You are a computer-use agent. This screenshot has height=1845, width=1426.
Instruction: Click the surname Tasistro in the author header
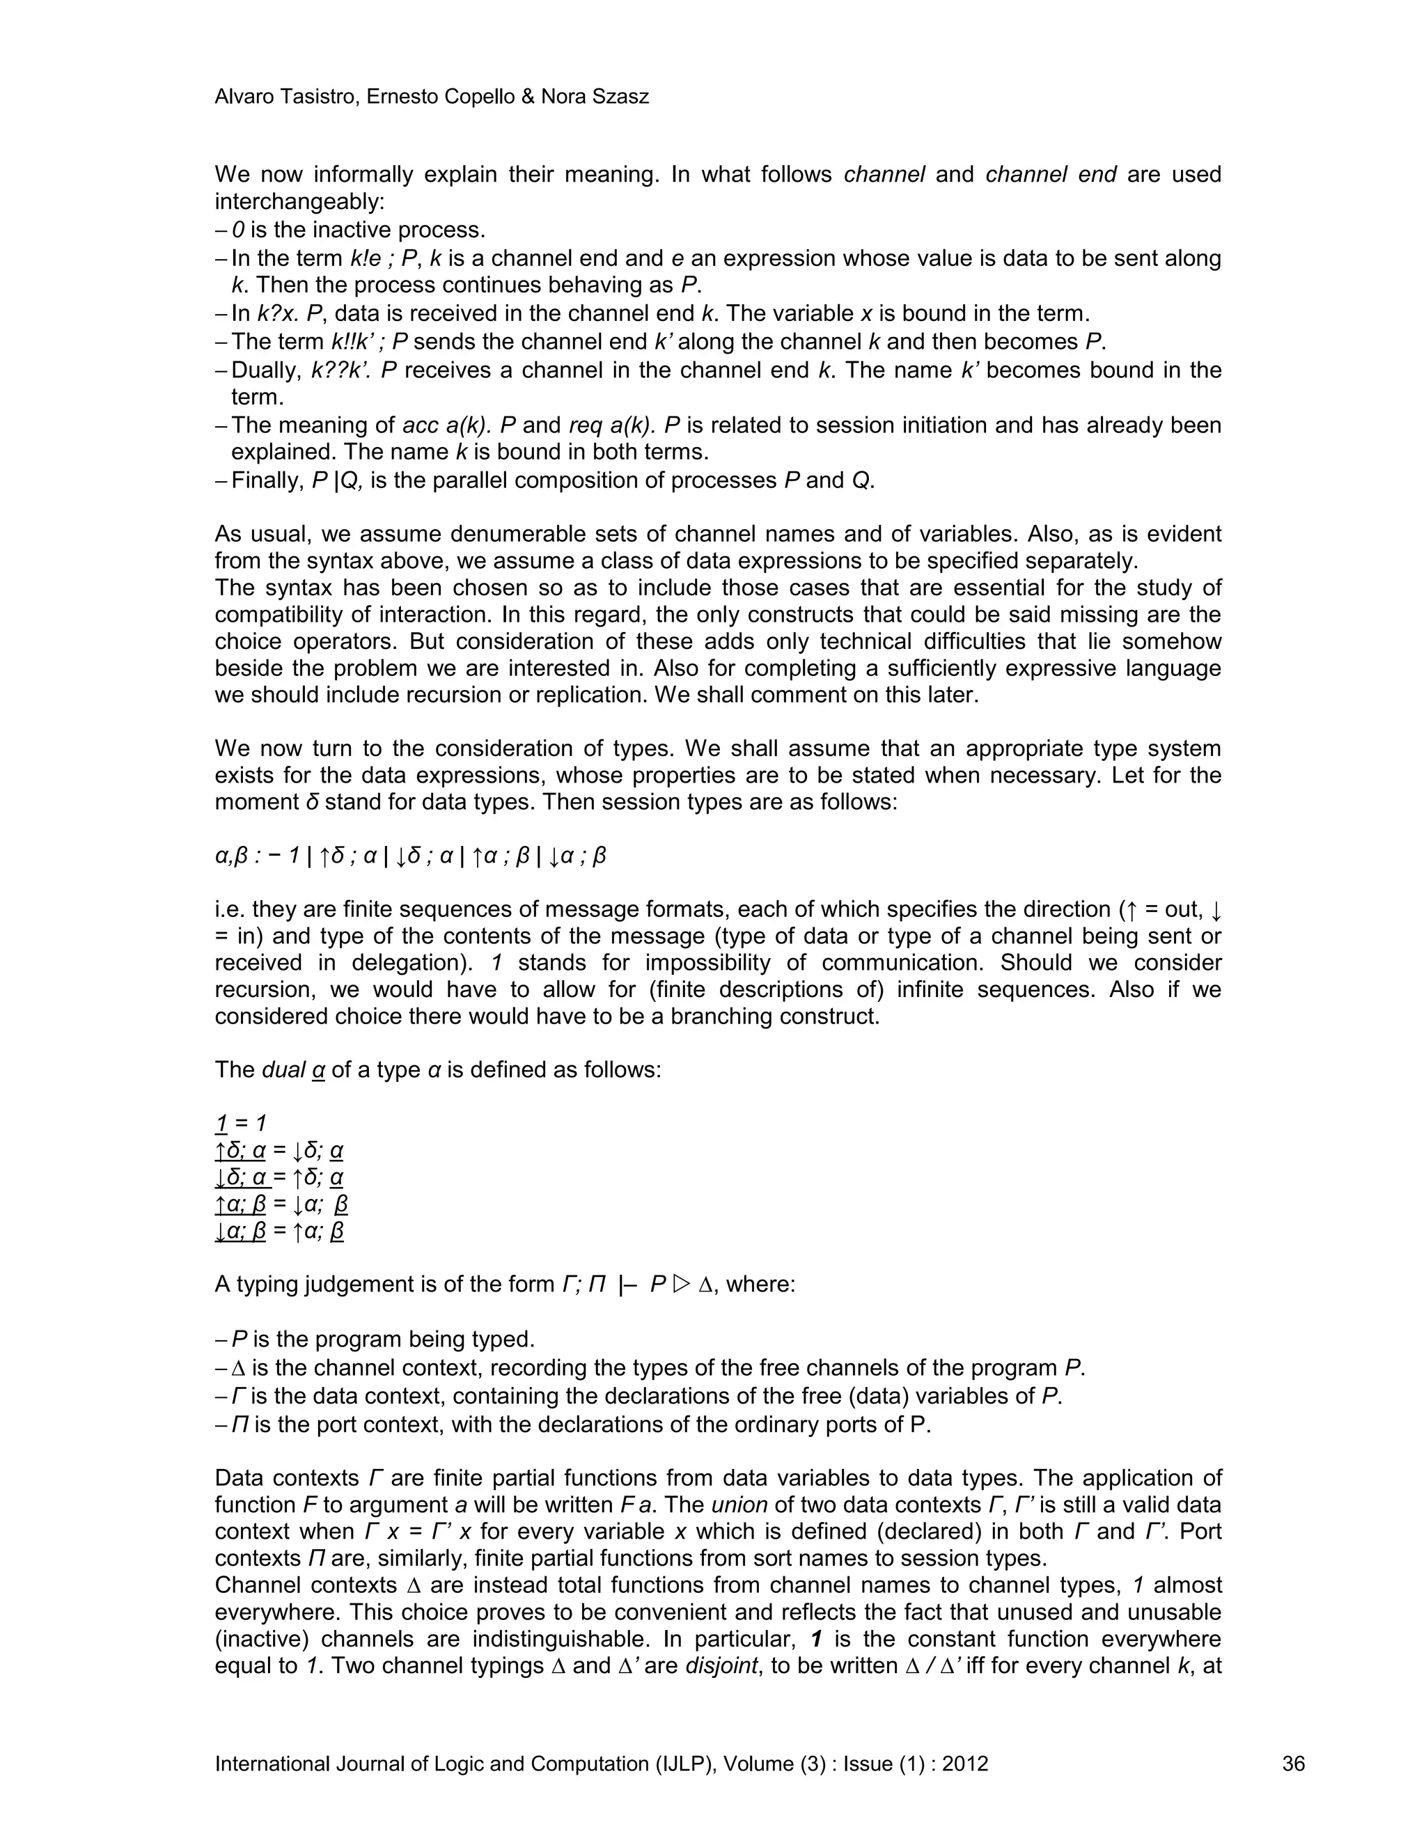tap(311, 97)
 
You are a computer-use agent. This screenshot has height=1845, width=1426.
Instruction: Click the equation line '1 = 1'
tap(240, 1123)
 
